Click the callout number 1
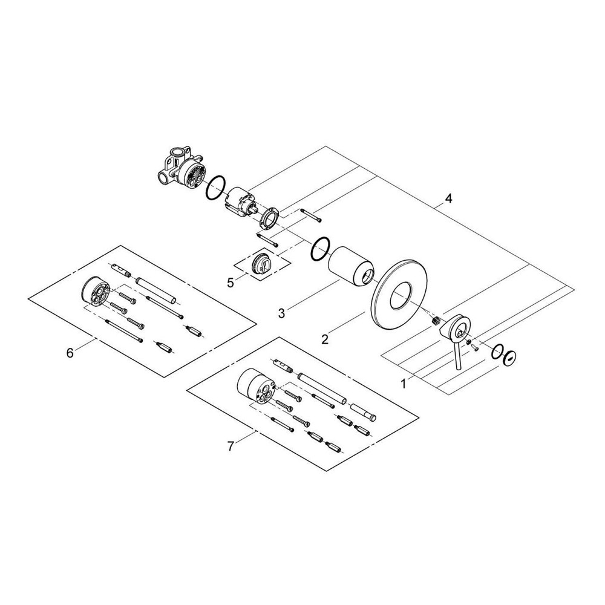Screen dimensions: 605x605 [404, 382]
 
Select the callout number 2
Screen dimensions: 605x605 [325, 339]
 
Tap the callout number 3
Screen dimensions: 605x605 [281, 313]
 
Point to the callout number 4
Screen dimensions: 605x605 [448, 198]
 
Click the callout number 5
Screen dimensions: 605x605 [230, 282]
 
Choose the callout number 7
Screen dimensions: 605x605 [230, 447]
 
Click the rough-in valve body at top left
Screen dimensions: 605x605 [180, 170]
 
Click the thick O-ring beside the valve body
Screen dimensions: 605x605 [217, 188]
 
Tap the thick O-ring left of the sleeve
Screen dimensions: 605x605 [320, 248]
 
